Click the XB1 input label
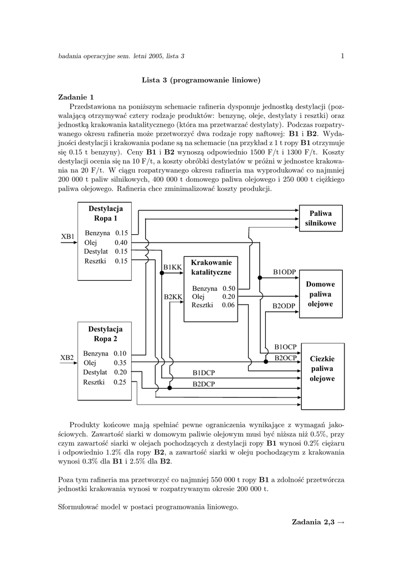point(68,237)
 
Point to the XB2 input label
point(67,358)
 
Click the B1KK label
point(172,267)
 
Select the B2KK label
point(173,297)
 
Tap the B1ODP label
point(285,272)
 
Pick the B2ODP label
point(285,306)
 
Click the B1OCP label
point(286,347)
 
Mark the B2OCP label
point(286,358)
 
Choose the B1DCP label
point(204,373)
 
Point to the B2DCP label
point(204,384)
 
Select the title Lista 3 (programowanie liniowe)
point(201,80)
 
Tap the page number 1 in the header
point(343,55)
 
